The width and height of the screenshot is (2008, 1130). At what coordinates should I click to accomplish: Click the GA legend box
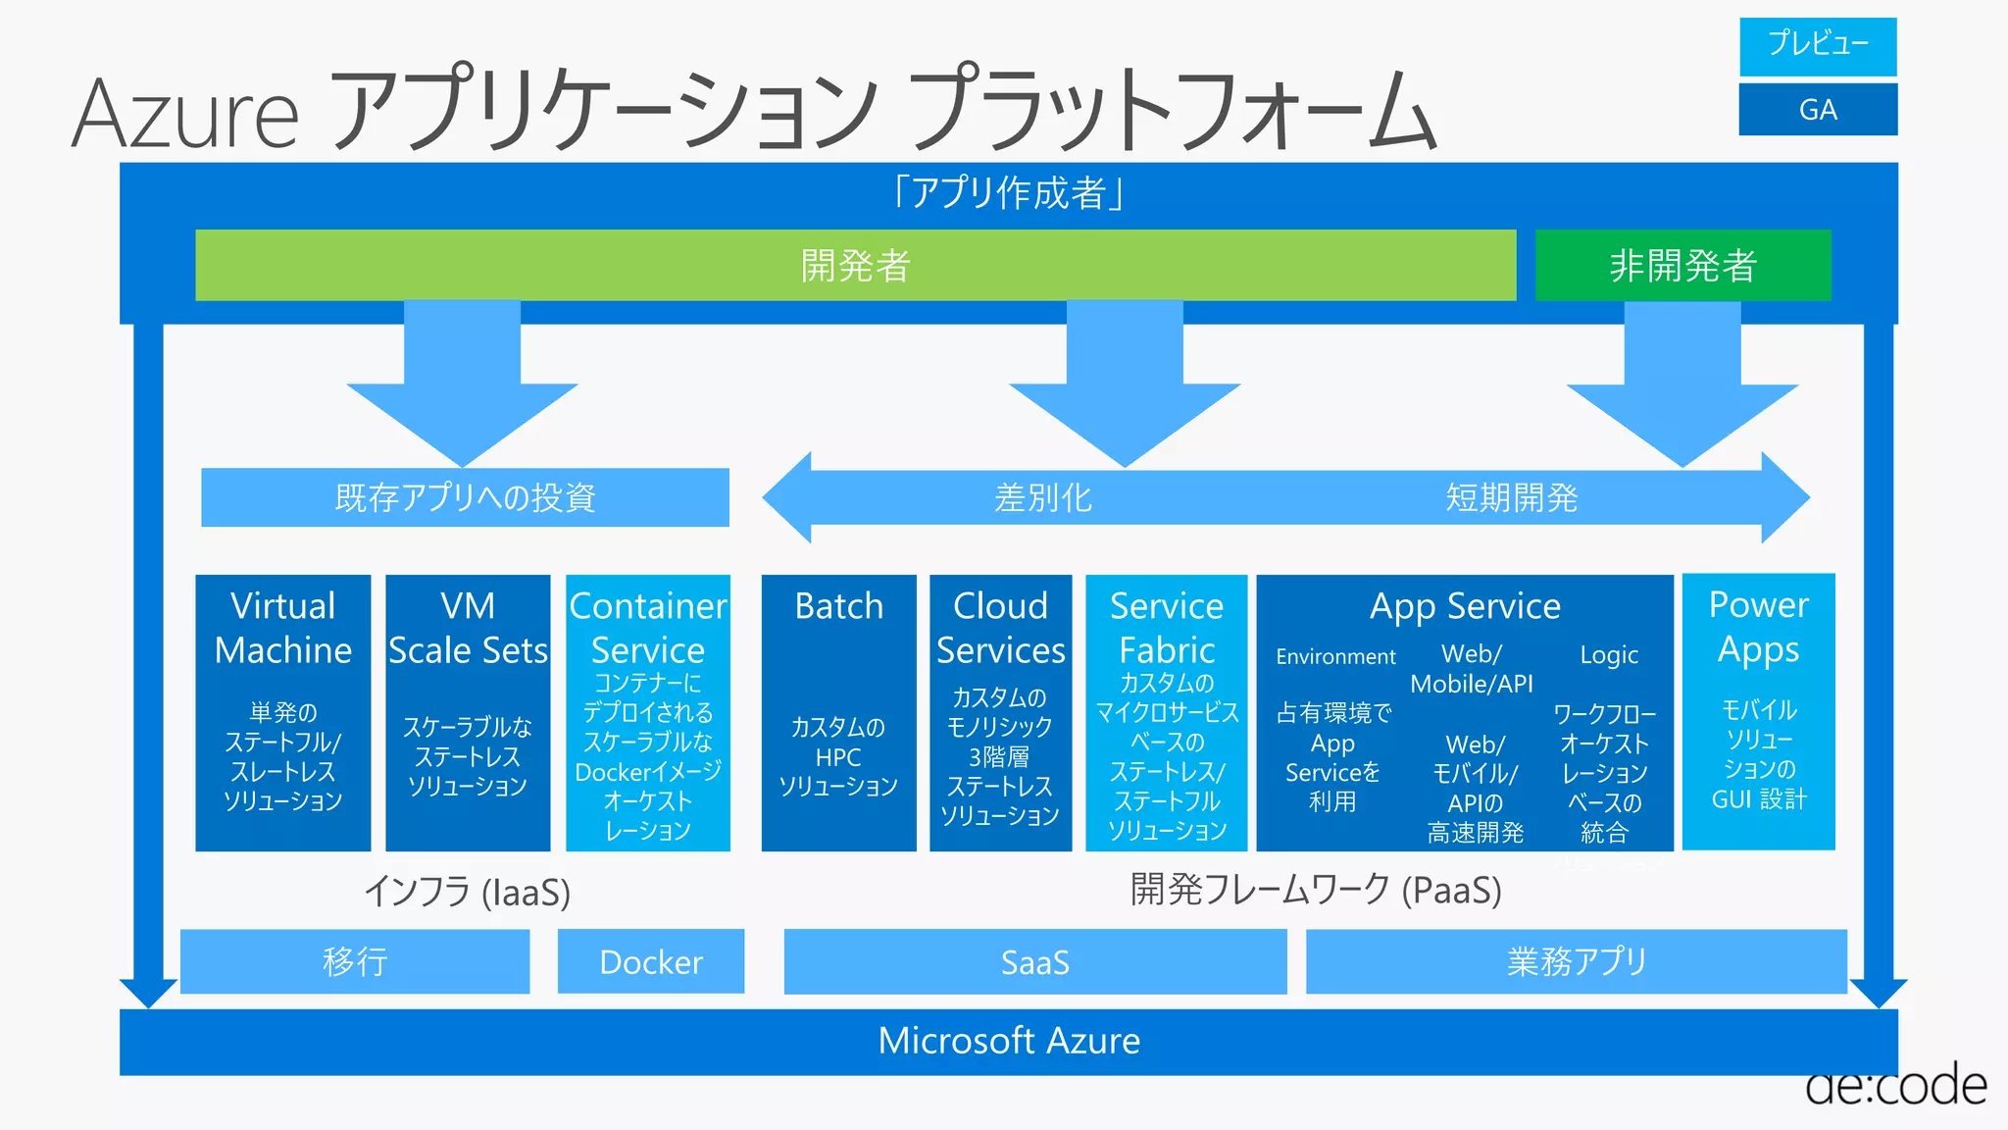point(1818,109)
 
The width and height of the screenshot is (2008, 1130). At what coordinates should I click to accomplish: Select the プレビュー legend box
point(1818,45)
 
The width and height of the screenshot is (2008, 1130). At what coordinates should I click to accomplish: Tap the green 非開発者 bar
point(1682,265)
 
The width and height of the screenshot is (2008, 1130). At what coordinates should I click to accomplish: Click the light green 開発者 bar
point(855,265)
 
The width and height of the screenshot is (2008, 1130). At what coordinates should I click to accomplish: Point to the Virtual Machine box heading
point(282,628)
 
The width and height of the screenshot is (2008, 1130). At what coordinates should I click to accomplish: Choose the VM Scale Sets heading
point(468,628)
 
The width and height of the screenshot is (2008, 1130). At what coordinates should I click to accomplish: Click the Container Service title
point(648,628)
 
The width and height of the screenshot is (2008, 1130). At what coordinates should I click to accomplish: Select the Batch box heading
point(838,606)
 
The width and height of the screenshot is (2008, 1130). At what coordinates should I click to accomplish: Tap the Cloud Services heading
point(1000,628)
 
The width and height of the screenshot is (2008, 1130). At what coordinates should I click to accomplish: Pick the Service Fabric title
point(1167,628)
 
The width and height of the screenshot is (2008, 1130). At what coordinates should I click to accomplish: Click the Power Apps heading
point(1758,627)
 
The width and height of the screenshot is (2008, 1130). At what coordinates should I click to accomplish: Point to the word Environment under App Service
point(1335,656)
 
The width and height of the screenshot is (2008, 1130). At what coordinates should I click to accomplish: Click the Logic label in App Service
point(1609,655)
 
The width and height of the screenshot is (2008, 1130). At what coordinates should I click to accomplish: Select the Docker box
point(651,961)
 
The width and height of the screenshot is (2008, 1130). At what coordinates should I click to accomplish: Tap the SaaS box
point(1034,961)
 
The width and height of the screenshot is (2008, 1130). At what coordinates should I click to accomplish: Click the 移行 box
point(355,961)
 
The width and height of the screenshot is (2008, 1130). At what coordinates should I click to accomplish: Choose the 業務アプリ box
point(1576,961)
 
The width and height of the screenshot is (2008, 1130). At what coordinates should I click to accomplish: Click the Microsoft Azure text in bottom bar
point(1009,1041)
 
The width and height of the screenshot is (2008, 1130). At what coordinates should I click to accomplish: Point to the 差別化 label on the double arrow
point(1042,497)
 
